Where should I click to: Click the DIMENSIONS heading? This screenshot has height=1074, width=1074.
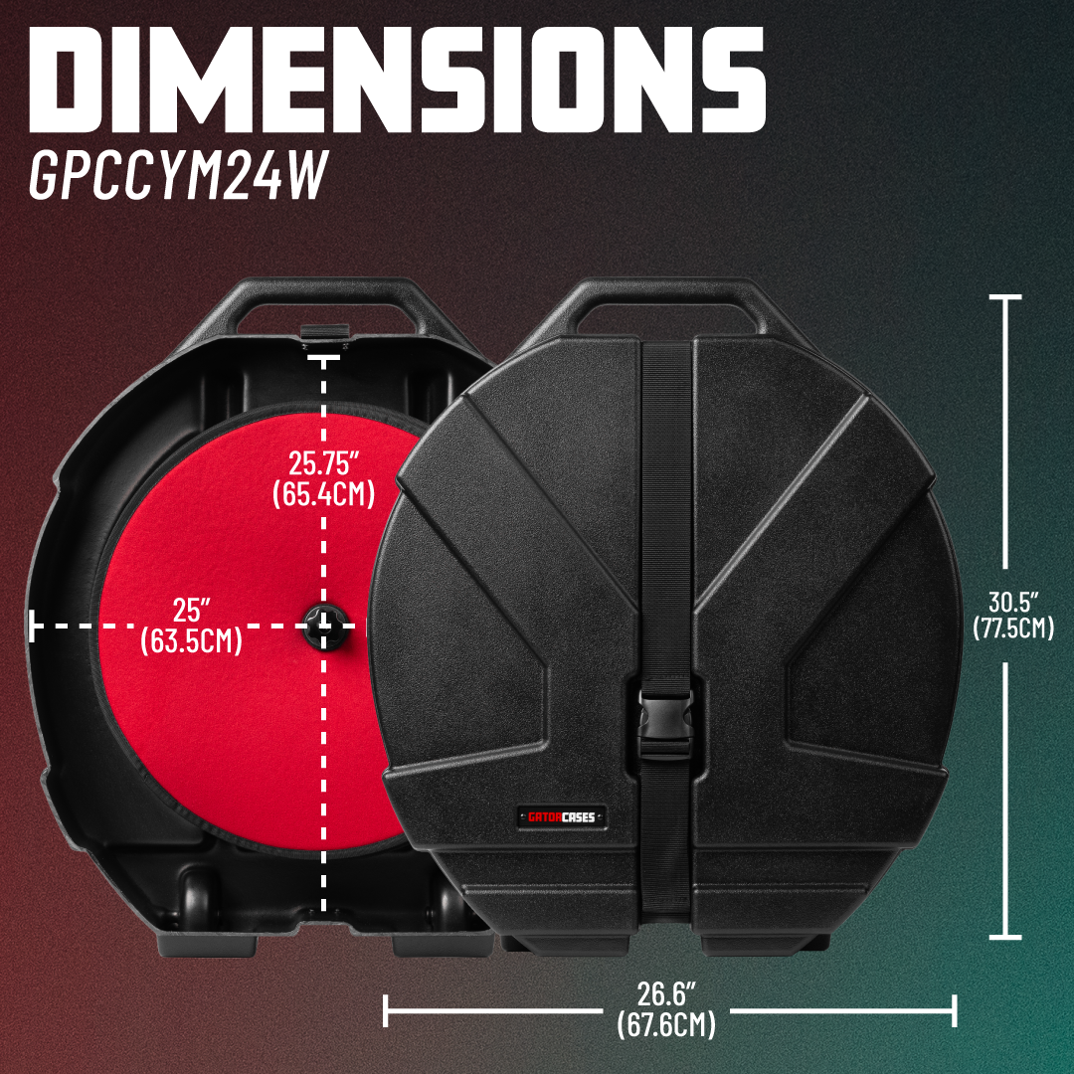pyautogui.click(x=397, y=80)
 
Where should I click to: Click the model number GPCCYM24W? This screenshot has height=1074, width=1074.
pyautogui.click(x=179, y=175)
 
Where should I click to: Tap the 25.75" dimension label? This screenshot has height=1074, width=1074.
pyautogui.click(x=323, y=463)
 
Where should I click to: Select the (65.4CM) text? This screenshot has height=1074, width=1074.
pyautogui.click(x=323, y=494)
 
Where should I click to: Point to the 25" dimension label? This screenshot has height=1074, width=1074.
pyautogui.click(x=191, y=610)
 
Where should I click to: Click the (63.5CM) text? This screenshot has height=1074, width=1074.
pyautogui.click(x=191, y=641)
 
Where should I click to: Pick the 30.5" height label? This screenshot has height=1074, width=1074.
pyautogui.click(x=1013, y=602)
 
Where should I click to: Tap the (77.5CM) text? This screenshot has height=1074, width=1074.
pyautogui.click(x=1013, y=628)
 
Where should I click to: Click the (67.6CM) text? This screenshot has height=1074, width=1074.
pyautogui.click(x=666, y=1024)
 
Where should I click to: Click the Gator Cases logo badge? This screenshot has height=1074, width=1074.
pyautogui.click(x=562, y=816)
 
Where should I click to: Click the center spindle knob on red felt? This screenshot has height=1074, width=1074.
pyautogui.click(x=324, y=626)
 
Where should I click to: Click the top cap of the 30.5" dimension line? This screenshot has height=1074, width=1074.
pyautogui.click(x=1004, y=297)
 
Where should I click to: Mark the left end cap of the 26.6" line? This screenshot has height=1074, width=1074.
pyautogui.click(x=386, y=1011)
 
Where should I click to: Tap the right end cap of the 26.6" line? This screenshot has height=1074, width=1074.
pyautogui.click(x=954, y=1011)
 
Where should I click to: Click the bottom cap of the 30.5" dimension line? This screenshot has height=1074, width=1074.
pyautogui.click(x=1004, y=937)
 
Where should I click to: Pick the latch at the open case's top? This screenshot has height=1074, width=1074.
pyautogui.click(x=324, y=332)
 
